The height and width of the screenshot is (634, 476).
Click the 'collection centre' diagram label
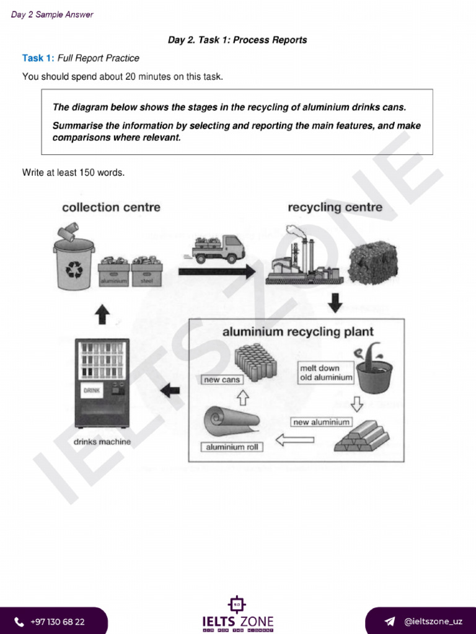coord(111,207)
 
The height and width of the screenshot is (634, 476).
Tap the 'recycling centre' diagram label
coord(335,207)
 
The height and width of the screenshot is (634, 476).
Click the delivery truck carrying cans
coord(219,249)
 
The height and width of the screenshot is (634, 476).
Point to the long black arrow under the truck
coord(216,271)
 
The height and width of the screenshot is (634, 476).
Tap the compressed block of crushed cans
coord(372,263)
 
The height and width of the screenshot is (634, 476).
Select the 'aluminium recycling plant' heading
coord(297,332)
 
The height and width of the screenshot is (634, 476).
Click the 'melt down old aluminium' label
coord(325,372)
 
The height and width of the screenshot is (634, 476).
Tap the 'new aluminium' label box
coord(321,422)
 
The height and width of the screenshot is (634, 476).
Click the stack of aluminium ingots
coord(361,436)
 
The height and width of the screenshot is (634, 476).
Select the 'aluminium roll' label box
coord(231,446)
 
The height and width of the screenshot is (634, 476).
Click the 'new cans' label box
coord(221,380)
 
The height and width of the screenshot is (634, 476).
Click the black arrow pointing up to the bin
coord(102,315)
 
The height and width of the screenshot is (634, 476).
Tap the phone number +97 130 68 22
coord(57,622)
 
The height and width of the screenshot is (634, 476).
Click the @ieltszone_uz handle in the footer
coord(433,622)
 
